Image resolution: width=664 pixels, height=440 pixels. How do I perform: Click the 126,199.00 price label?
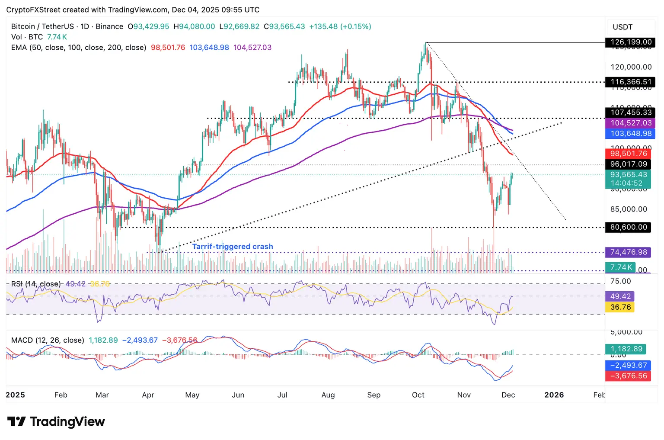coord(631,42)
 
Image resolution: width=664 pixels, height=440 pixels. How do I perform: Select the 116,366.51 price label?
coord(631,82)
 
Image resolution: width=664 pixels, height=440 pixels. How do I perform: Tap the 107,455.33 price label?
coord(631,112)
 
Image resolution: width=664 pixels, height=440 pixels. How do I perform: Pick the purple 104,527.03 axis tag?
coord(631,123)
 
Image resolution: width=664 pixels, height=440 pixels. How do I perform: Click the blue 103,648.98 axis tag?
coord(631,134)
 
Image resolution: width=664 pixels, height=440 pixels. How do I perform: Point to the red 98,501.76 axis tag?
coord(629,154)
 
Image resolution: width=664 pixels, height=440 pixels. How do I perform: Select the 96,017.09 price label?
coord(629,164)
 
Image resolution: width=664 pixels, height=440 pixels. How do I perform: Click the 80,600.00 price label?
coord(629,227)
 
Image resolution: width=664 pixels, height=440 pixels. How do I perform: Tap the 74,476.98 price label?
coord(629,252)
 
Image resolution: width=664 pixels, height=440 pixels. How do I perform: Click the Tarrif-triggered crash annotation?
coord(233,247)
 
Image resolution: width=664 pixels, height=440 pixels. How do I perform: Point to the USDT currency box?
coord(622,27)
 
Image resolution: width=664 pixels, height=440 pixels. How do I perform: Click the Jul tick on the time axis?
coord(282,395)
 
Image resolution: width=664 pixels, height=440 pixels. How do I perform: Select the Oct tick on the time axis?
coord(418,395)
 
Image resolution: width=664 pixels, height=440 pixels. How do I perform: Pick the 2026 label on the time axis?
coord(554,395)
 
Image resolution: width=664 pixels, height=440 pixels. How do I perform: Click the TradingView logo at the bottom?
coord(56,422)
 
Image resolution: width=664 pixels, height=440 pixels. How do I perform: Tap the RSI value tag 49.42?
coord(620,296)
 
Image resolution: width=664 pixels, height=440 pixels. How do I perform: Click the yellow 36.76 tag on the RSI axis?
coord(620,307)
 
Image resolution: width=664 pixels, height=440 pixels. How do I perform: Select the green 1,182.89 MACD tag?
coord(626,349)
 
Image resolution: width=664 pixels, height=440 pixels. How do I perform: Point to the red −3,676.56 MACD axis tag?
coord(628,376)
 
